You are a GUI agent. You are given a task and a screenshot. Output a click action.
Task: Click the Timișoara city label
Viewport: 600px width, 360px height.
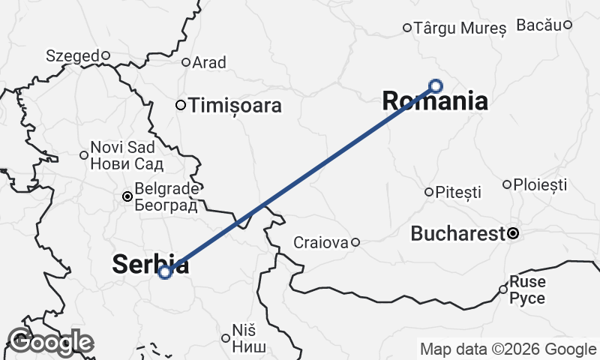coord(236,106)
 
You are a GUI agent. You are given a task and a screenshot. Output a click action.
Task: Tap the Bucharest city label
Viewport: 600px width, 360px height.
coord(457,234)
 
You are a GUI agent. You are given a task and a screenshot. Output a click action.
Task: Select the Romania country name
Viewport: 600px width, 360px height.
coord(435,101)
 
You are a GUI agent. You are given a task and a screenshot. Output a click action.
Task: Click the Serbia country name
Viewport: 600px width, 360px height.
coord(150,263)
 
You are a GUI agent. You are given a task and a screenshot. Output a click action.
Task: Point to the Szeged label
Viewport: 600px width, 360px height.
coord(72,55)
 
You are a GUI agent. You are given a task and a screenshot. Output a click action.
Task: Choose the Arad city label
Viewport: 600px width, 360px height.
coord(209,62)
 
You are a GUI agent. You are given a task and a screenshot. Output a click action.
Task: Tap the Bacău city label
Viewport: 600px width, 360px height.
coord(539,25)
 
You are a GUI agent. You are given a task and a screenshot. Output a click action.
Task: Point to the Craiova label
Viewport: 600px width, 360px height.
coord(321,242)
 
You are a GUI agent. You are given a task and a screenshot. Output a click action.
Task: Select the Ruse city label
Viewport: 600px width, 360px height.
coord(527,289)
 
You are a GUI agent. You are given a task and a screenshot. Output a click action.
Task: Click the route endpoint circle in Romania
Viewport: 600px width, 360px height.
coord(435,85)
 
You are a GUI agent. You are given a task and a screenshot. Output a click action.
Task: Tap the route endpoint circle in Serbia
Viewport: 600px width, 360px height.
coord(166,271)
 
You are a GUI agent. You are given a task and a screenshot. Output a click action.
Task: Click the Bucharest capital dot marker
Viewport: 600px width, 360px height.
coord(513,233)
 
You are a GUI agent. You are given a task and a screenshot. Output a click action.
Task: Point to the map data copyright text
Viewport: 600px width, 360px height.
coord(508,349)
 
